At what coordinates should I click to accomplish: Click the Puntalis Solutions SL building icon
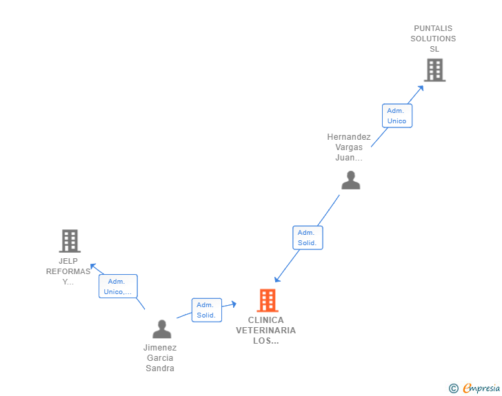(x=434, y=70)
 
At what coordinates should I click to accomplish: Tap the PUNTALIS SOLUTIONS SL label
(x=433, y=39)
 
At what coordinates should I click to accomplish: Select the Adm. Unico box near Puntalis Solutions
(x=396, y=116)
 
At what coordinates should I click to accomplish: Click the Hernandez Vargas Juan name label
(x=349, y=147)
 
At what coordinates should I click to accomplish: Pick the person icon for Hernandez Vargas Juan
(x=351, y=180)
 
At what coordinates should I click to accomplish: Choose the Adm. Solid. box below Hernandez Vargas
(x=307, y=238)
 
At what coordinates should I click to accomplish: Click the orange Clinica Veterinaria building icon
(x=267, y=300)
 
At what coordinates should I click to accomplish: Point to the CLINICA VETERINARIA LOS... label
(x=266, y=330)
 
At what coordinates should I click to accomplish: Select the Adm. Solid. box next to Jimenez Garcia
(x=205, y=310)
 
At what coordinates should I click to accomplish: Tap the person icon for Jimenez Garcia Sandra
(x=162, y=329)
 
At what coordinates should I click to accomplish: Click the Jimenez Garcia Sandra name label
(x=160, y=357)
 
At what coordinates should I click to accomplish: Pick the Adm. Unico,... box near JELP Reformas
(x=118, y=286)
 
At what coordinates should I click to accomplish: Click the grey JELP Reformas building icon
(x=70, y=241)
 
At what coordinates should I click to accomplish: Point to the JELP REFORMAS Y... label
(x=68, y=271)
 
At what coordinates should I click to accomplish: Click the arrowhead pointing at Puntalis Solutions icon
(x=421, y=88)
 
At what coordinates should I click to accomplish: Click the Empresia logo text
(x=481, y=388)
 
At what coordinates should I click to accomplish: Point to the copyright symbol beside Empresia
(x=454, y=388)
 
